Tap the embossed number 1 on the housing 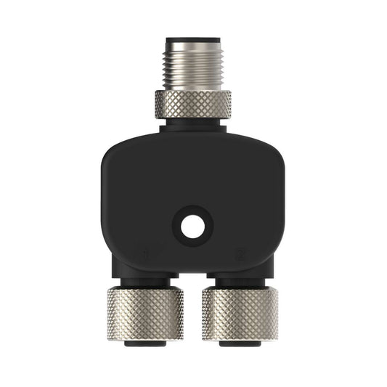pyautogui.click(x=147, y=255)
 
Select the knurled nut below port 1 pyautogui.click(x=145, y=314)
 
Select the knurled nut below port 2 pyautogui.click(x=240, y=314)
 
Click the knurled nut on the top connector pyautogui.click(x=193, y=104)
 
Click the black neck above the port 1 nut pyautogui.click(x=146, y=281)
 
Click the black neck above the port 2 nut pyautogui.click(x=240, y=281)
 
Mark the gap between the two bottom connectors pyautogui.click(x=192, y=305)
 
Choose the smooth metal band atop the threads pyautogui.click(x=193, y=46)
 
